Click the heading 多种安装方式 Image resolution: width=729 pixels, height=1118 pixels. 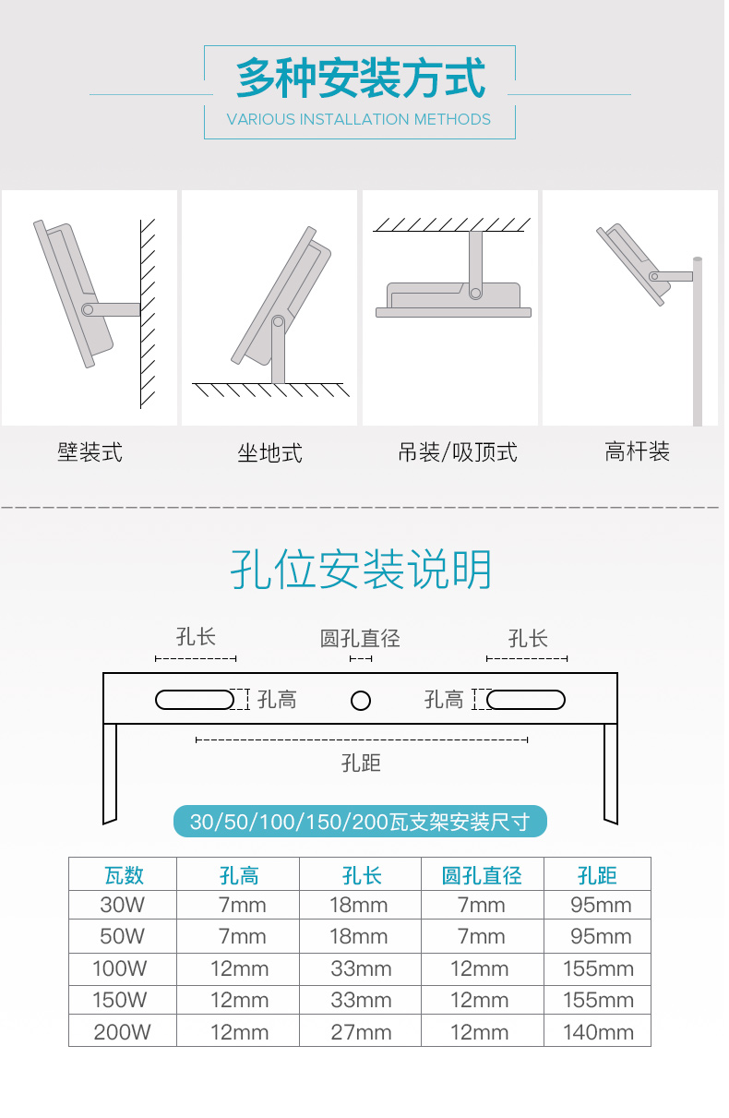[x=360, y=78]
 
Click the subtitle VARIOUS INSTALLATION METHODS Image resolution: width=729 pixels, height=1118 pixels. [x=359, y=119]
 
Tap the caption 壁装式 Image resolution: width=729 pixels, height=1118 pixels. [x=90, y=452]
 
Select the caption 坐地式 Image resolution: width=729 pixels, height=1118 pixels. [x=269, y=453]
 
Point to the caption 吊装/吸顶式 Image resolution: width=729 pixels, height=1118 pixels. [x=457, y=452]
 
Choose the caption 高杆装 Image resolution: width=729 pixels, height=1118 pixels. [x=637, y=451]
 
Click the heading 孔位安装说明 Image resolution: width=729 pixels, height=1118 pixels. [x=361, y=570]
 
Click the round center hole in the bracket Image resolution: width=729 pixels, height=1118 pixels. [x=361, y=700]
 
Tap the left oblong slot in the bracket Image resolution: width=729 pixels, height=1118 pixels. [x=195, y=700]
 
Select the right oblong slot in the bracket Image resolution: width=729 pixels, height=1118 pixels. [x=526, y=700]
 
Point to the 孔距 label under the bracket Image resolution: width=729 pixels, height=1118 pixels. [x=361, y=763]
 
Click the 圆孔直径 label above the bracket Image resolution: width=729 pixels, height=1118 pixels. [x=360, y=638]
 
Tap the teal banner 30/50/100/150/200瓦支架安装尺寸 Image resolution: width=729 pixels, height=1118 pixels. [x=360, y=821]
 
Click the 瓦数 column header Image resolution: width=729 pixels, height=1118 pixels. [x=124, y=874]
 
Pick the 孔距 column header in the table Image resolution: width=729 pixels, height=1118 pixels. [x=597, y=874]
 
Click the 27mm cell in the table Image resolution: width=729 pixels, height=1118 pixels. [x=361, y=1032]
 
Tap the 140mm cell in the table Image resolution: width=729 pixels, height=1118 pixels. [x=598, y=1032]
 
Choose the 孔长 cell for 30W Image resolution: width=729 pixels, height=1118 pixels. [x=359, y=906]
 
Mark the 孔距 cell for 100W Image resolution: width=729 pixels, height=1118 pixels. [x=598, y=969]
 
